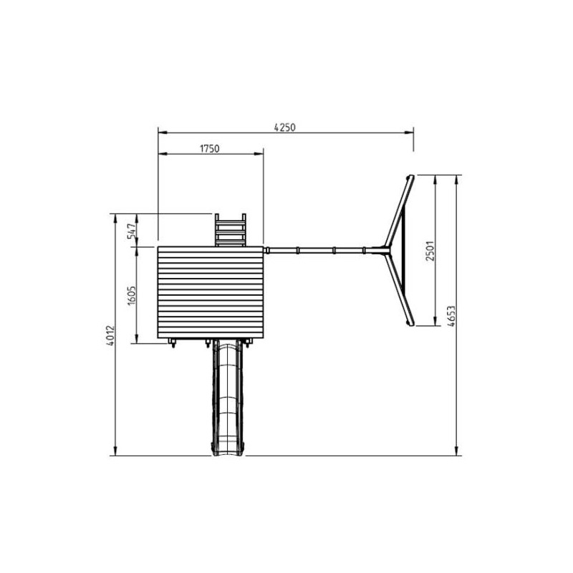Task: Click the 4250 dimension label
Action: pos(284,127)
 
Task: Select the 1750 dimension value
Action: pos(209,149)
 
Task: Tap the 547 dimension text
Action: pos(132,231)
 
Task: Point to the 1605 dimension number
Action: pos(132,295)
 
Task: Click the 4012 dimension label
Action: pos(111,335)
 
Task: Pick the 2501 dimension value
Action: pos(430,251)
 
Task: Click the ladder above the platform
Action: pos(230,230)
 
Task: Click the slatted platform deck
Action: pos(211,292)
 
